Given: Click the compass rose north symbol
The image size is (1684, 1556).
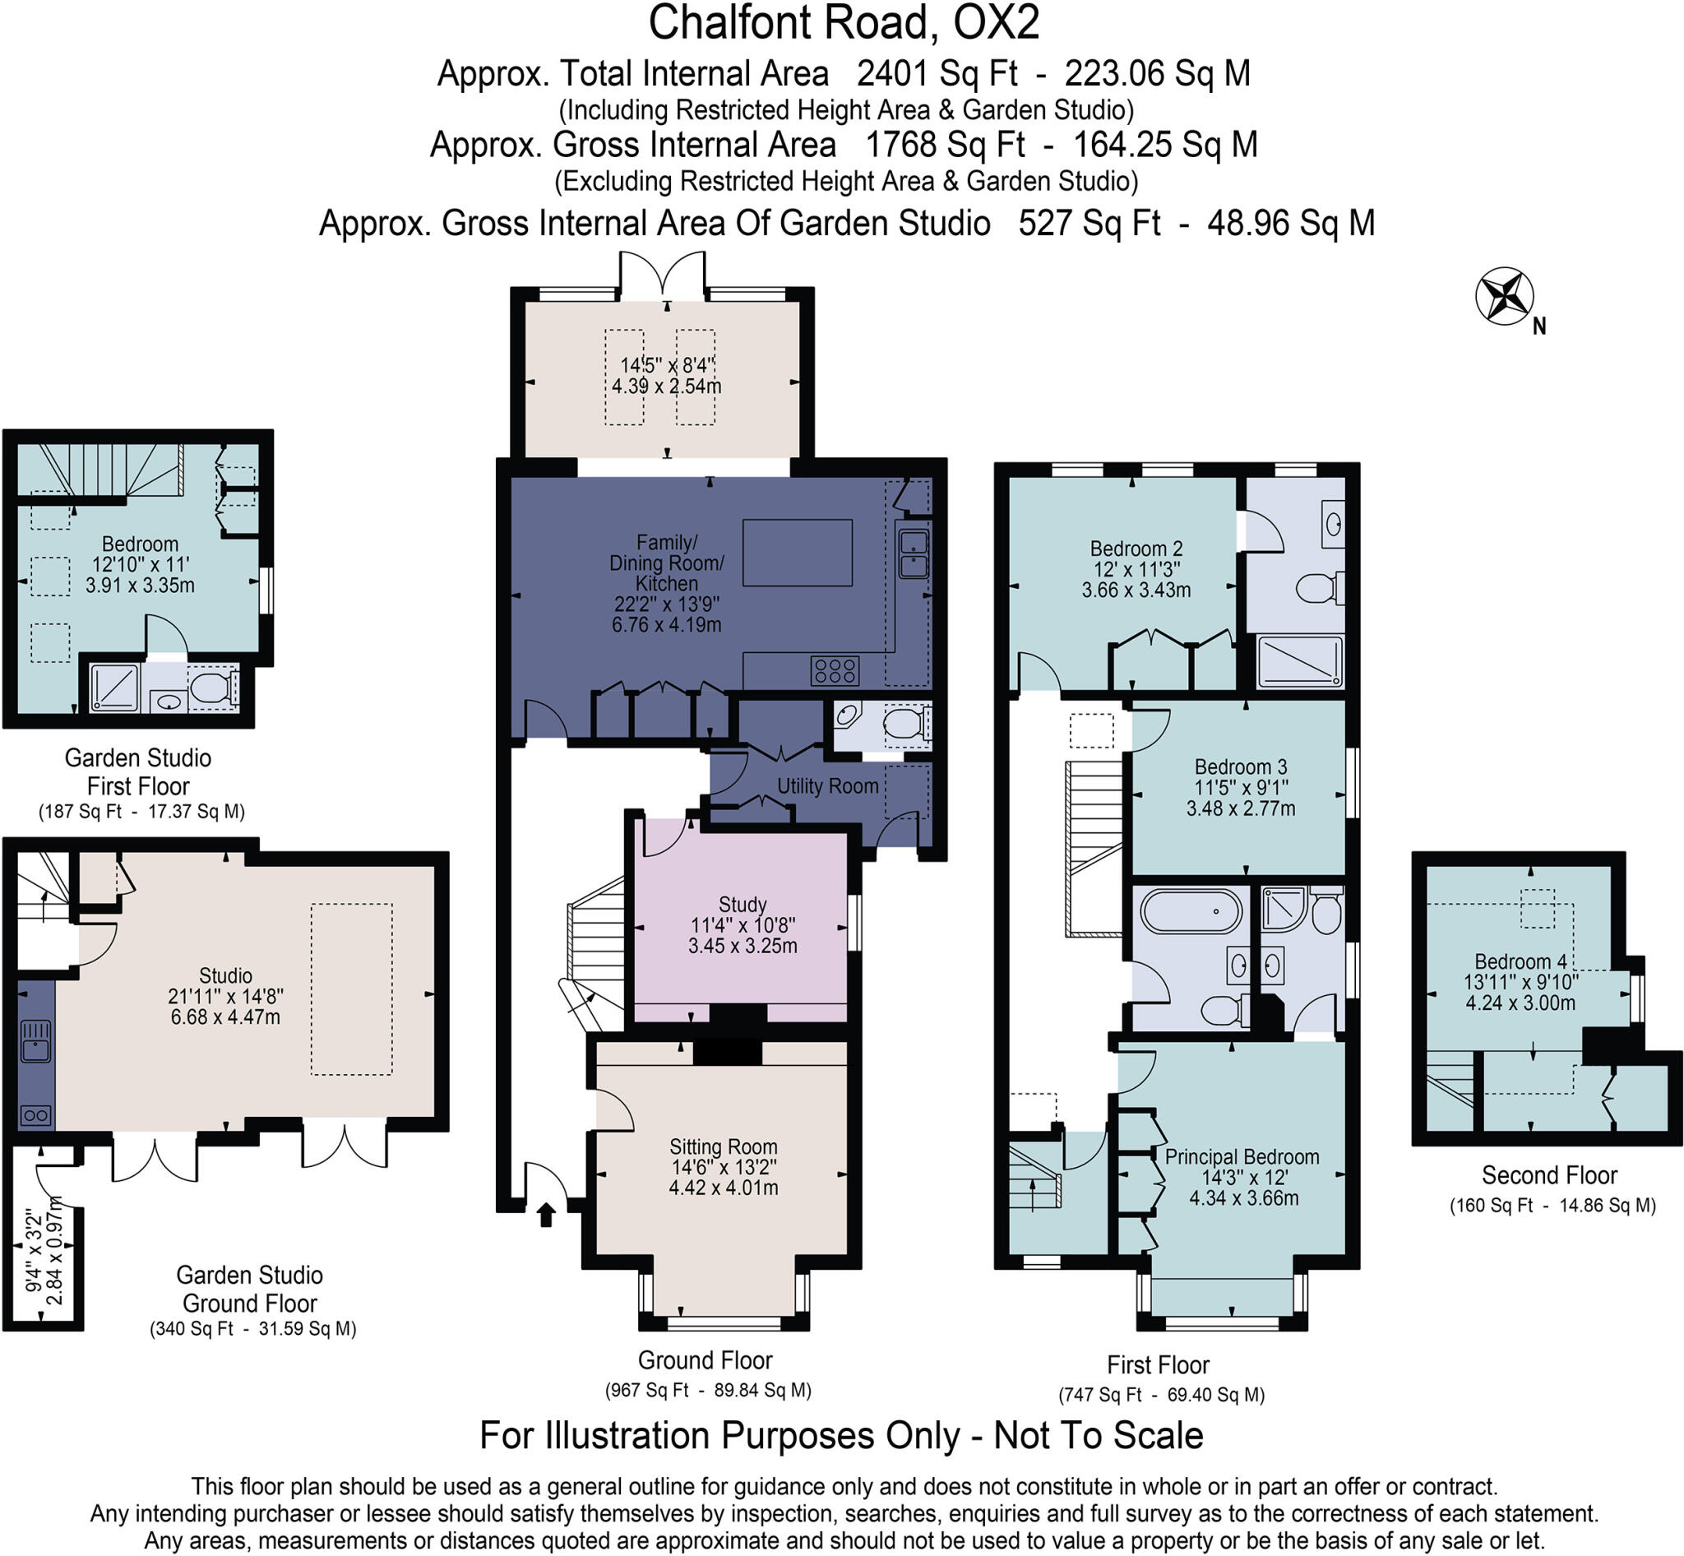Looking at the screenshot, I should [1505, 296].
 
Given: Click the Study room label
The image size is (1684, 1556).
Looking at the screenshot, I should [742, 905].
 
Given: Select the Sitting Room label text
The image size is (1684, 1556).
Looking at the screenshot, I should [723, 1146].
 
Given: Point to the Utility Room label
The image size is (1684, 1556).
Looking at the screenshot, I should [827, 786].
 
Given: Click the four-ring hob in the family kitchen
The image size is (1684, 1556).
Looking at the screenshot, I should [835, 671].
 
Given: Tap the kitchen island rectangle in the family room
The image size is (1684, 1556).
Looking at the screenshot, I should [797, 553].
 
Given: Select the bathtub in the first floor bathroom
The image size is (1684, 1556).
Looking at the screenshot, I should [1191, 912].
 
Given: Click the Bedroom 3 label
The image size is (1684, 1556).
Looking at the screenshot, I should [1240, 767].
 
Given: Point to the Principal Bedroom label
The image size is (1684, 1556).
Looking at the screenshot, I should [1241, 1157].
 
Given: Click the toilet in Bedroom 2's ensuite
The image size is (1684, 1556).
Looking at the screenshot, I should [1317, 588].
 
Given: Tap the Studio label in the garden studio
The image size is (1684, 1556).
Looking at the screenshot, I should [225, 975].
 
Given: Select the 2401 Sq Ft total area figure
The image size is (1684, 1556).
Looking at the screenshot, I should [937, 74].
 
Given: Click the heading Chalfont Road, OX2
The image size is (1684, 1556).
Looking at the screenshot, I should [843, 24].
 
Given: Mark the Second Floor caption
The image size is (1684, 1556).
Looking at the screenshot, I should [1548, 1174].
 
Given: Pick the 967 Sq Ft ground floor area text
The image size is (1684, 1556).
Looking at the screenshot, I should [647, 1390].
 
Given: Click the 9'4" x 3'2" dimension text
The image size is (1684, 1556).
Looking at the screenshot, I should [34, 1250].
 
